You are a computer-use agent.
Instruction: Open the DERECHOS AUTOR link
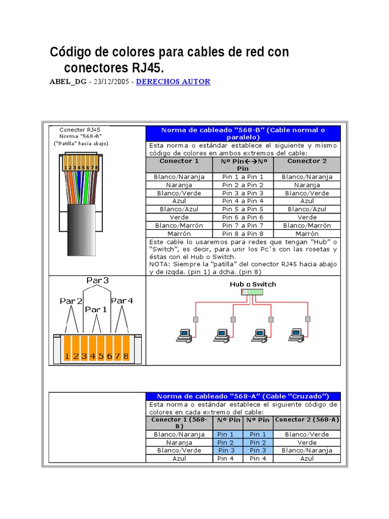(x=173, y=82)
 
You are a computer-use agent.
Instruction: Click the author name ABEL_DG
(x=68, y=82)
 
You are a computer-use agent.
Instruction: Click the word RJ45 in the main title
(x=146, y=68)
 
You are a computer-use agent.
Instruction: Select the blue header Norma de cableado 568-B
(x=243, y=133)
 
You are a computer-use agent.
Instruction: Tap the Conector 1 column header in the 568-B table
(x=179, y=161)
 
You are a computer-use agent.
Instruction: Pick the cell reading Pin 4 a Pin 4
(x=243, y=201)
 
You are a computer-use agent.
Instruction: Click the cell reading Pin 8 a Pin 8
(x=243, y=234)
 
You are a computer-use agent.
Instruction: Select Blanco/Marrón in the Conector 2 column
(x=307, y=226)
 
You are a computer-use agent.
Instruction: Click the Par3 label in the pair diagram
(x=97, y=280)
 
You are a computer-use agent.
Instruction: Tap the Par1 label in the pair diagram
(x=96, y=309)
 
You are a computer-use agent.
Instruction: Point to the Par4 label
(x=122, y=301)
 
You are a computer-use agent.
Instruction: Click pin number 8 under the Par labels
(x=125, y=356)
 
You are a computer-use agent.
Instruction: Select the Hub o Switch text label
(x=253, y=284)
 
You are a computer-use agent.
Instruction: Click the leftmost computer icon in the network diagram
(x=183, y=335)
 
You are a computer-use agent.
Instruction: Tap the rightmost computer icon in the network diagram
(x=296, y=335)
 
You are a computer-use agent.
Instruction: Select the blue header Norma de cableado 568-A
(x=243, y=396)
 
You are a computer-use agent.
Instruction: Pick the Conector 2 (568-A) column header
(x=307, y=420)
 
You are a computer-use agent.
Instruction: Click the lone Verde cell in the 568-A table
(x=307, y=442)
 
